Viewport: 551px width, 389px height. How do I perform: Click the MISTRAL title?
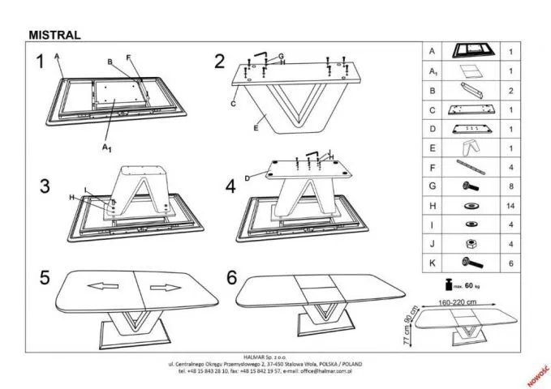(54, 35)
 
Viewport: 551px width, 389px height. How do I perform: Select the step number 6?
(231, 278)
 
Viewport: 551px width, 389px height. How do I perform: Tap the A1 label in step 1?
(105, 147)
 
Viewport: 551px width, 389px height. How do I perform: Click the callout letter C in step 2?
(232, 105)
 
